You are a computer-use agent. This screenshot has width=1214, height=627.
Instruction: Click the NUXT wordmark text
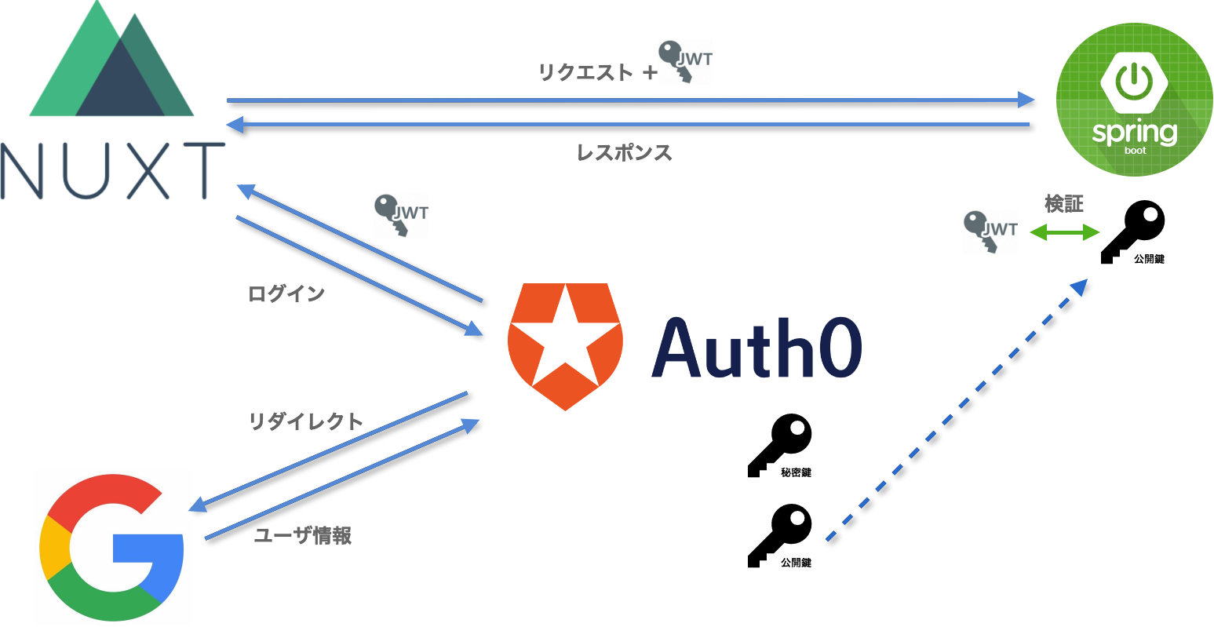coord(112,170)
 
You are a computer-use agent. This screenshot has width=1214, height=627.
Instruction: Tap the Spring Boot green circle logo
coord(1134,98)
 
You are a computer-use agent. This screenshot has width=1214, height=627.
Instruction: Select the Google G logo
coord(113,547)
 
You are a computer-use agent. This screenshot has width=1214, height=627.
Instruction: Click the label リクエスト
coord(585,73)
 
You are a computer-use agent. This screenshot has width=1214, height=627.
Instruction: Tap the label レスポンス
coord(625,152)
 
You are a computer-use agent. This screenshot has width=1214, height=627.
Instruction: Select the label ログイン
coord(286,294)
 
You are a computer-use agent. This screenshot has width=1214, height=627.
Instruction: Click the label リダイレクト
coord(306,421)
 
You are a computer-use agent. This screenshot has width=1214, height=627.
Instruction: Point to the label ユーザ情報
coord(303,536)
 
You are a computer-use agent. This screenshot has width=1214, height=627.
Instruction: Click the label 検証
coord(1064,204)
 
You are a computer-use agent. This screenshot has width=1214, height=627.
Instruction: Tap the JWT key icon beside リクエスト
coord(685,62)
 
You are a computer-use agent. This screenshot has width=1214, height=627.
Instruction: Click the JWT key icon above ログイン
coord(400,216)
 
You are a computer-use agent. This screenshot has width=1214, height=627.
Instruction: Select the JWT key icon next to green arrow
coord(990,232)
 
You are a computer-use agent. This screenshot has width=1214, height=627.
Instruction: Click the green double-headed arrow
coord(1064,232)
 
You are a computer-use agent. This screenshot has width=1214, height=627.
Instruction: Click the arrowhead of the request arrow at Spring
coord(1027,100)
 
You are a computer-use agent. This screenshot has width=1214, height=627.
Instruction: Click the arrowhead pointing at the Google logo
coord(197,506)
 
